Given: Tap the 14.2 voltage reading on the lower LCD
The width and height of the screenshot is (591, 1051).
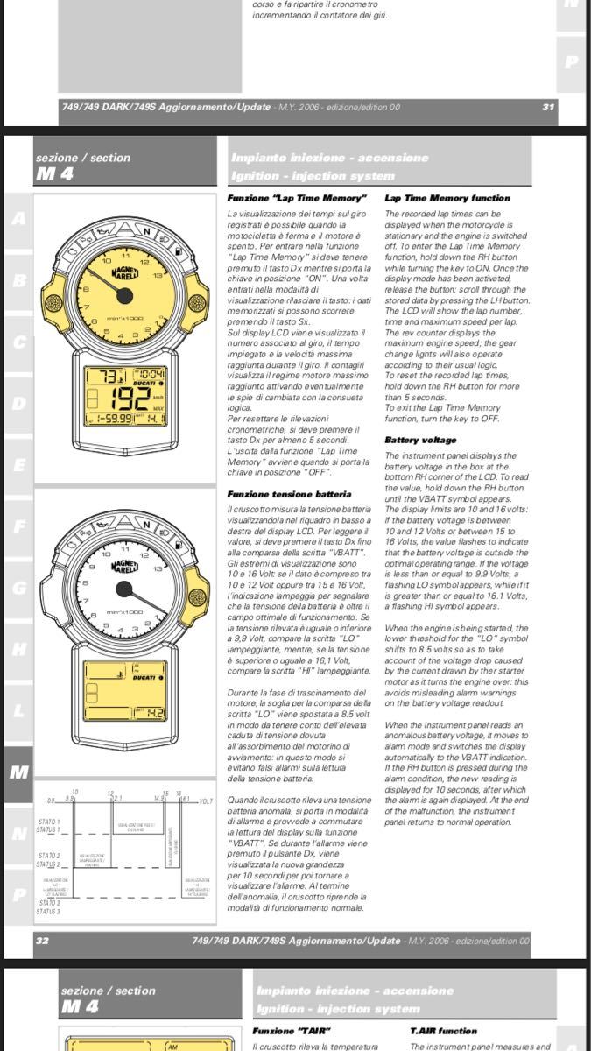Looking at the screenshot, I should coord(154,713).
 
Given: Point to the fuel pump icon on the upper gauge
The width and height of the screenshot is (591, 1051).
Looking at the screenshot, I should coord(178,251).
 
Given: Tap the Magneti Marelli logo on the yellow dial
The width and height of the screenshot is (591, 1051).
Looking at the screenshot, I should coord(125,273).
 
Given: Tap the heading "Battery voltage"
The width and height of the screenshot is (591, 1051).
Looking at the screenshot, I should coord(419,440).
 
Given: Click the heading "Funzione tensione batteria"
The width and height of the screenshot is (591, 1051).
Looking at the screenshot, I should coord(289,494).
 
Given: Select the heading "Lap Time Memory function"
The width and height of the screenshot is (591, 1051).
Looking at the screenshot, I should coord(447,199).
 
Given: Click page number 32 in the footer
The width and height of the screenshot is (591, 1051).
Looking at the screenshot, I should coord(42,942).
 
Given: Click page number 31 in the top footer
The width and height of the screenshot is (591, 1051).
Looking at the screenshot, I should coord(548,107).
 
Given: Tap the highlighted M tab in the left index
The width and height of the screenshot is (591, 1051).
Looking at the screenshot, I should coord(18,772).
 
